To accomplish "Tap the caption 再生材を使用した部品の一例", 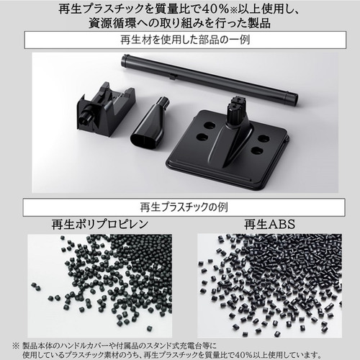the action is pos(185,40).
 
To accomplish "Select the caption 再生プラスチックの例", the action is pos(184,207).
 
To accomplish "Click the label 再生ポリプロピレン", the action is pos(100,225).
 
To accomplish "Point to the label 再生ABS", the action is pos(269,225).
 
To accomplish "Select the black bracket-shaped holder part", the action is pos(106,107).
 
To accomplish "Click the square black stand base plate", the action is pos(228,145).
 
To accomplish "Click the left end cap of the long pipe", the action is pos(125,60).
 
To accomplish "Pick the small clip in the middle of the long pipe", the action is pos(172,76).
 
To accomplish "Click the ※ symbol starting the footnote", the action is pos(16,346).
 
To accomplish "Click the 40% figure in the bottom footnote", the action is pos(244,354).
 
